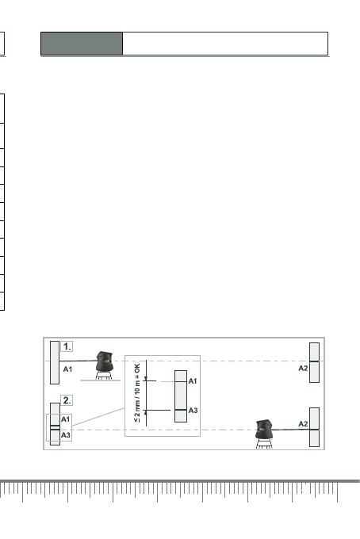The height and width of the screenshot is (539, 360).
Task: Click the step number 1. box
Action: click(x=67, y=346)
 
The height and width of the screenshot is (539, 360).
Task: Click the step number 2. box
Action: click(x=67, y=400)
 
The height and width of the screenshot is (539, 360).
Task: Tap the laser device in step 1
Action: click(x=105, y=361)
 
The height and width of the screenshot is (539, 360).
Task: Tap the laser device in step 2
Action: click(x=264, y=429)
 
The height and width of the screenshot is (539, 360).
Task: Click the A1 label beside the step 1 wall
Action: click(x=67, y=369)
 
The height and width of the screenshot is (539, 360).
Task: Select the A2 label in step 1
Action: click(x=303, y=368)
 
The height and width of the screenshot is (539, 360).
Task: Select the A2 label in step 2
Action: click(x=303, y=424)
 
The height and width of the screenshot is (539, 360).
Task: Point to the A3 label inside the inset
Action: click(x=193, y=411)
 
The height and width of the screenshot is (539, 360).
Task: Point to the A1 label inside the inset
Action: click(x=193, y=381)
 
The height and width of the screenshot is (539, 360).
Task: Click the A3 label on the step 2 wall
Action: click(x=66, y=435)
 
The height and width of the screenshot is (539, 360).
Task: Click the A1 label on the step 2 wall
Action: click(x=65, y=419)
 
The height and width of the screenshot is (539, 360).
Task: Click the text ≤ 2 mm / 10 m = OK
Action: click(x=137, y=393)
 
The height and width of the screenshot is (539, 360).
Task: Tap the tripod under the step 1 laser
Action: click(x=104, y=376)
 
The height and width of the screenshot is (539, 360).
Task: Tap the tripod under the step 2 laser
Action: click(x=264, y=443)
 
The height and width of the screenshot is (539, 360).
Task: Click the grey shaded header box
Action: click(x=82, y=44)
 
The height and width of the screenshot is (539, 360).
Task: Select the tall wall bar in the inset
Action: click(x=181, y=396)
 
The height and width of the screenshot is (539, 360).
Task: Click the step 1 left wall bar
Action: click(x=55, y=363)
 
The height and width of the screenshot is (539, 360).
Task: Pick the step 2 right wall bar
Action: click(x=314, y=427)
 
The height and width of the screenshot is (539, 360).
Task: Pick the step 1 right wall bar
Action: click(x=314, y=362)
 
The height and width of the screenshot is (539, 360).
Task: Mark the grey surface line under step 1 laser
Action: click(x=100, y=380)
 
